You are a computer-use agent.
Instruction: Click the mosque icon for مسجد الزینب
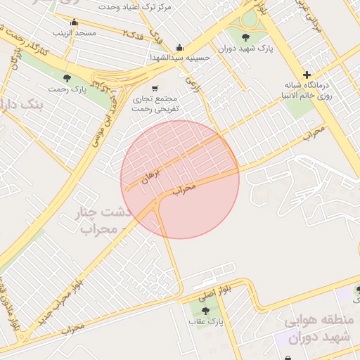coord(74,22)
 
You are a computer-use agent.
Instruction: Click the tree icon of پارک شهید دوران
coord(245,38)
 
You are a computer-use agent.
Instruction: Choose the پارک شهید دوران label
coord(245,49)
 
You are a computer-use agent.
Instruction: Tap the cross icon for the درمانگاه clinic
coord(307,75)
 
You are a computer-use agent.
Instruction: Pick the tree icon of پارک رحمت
coord(67,78)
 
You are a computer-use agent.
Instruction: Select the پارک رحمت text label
coord(67,89)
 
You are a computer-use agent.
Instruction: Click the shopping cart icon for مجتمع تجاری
coord(154,88)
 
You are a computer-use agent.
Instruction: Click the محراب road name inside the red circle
coord(183,189)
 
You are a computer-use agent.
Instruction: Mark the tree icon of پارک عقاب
coord(205,310)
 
